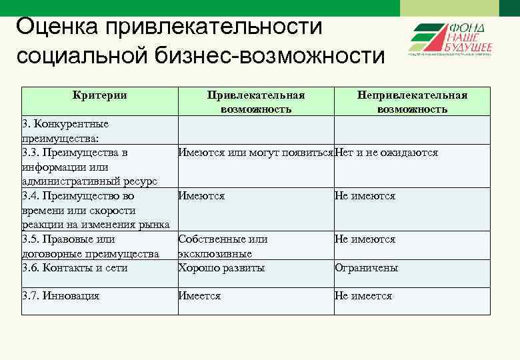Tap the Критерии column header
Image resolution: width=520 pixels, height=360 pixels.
pos(99,95)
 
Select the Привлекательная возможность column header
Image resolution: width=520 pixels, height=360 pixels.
pos(255,102)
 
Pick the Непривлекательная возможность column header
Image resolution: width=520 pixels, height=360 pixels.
pos(412,102)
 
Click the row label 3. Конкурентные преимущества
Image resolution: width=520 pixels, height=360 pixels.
pos(65,131)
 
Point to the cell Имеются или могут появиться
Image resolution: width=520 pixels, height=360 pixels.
pos(256,153)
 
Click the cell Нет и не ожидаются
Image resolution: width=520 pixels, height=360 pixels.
pos(387,153)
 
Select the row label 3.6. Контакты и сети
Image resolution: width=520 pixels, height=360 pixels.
pos(75,268)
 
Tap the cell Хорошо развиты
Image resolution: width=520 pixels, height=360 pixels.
pos(221,268)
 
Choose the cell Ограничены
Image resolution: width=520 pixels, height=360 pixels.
pos(367,268)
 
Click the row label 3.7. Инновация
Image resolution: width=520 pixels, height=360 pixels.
pos(61,296)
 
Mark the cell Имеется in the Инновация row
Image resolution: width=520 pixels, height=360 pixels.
pos(199,296)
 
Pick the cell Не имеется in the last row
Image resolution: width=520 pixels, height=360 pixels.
pos(363,296)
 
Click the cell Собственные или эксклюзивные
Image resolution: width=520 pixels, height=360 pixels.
pos(223,246)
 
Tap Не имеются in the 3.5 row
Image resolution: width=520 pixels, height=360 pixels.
pos(365,239)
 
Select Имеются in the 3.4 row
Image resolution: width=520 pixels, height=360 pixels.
pos(201,196)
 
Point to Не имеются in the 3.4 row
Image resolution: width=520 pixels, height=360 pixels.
pos(365,196)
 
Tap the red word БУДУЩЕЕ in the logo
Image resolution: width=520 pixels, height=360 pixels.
pos(469,47)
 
